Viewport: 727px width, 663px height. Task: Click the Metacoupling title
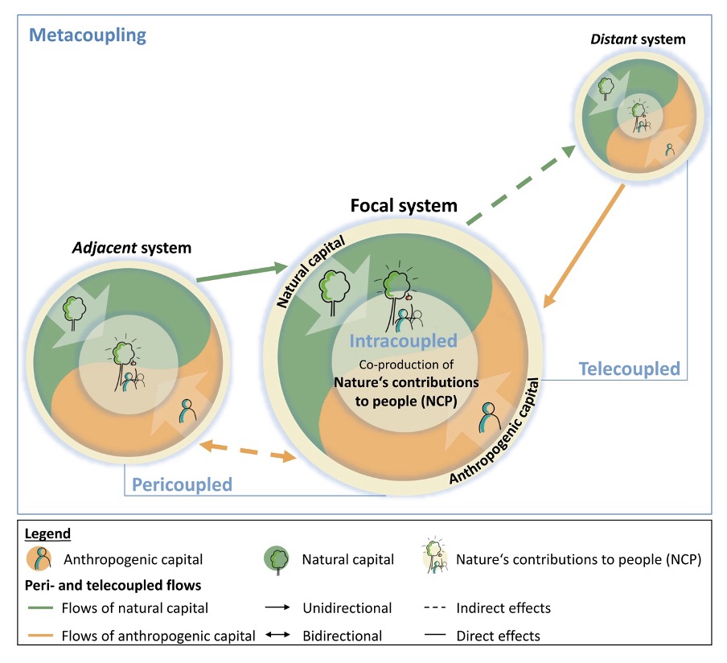point(88,35)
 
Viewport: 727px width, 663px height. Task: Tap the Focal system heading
point(404,205)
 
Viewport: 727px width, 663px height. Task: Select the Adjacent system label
point(132,248)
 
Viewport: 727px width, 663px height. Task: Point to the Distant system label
point(638,39)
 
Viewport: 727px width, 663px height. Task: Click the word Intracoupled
point(404,341)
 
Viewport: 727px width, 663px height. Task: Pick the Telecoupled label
point(629,369)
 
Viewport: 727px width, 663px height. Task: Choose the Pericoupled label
point(182,484)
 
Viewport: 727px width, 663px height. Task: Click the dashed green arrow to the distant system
point(520,185)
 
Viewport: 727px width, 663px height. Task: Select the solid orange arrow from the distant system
point(584,246)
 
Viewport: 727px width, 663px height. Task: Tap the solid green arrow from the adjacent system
point(243,274)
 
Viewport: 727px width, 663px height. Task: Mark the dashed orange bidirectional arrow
point(248,451)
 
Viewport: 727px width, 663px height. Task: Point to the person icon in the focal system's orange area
point(490,417)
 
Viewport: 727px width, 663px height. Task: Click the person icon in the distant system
point(670,150)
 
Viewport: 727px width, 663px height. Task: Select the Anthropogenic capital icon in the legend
point(39,558)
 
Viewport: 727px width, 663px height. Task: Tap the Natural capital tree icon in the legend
point(277,559)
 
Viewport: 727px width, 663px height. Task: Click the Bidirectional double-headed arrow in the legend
point(277,634)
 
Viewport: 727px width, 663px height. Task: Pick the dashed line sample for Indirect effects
point(435,607)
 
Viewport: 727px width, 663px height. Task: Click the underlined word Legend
point(47,534)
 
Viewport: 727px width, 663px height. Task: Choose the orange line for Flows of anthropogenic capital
point(40,635)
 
